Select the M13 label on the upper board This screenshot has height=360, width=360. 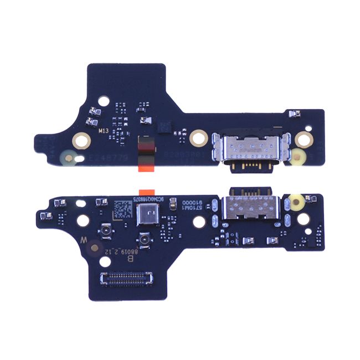pyautogui.click(x=104, y=132)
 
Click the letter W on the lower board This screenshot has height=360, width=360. pyautogui.click(x=84, y=241)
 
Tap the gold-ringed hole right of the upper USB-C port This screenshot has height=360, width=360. pyautogui.click(x=302, y=138)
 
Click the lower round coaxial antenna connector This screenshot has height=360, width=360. pyautogui.click(x=145, y=240)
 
